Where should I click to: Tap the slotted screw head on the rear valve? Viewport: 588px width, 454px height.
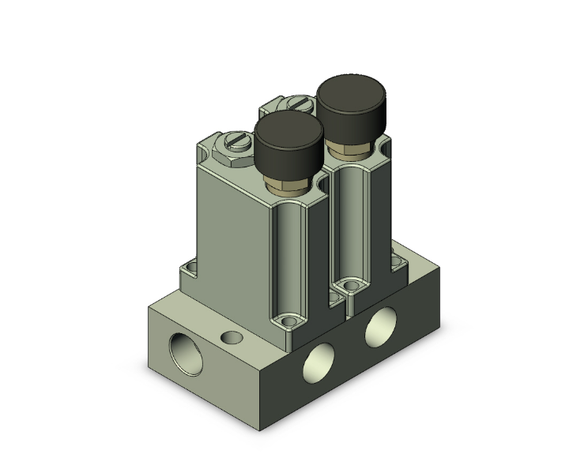pyautogui.click(x=299, y=102)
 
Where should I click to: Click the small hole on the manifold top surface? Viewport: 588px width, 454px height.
pyautogui.click(x=231, y=338)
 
